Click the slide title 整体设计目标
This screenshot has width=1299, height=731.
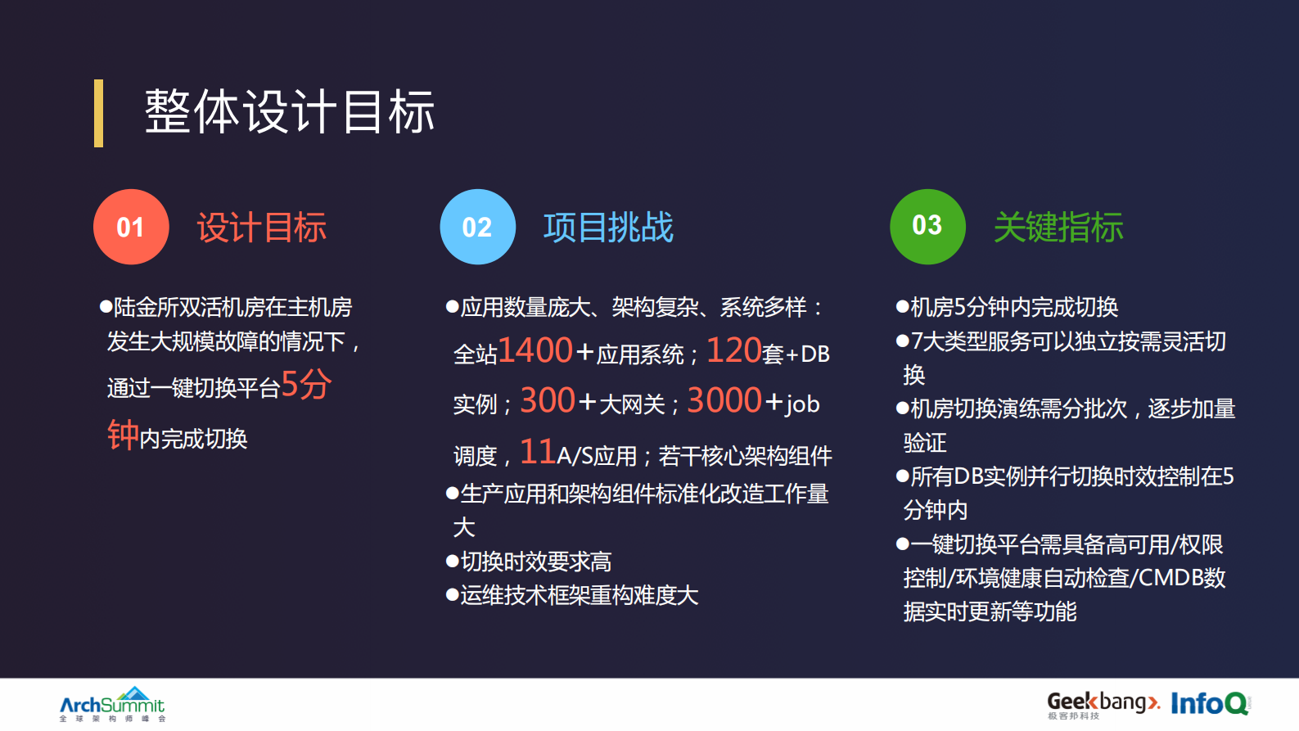[x=289, y=112]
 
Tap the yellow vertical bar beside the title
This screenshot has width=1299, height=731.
[x=98, y=113]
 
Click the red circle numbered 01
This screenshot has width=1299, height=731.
[x=131, y=227]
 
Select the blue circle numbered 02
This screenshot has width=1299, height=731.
[x=477, y=227]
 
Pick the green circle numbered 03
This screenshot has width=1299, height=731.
[x=927, y=226]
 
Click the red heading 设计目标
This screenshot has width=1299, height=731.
[x=262, y=228]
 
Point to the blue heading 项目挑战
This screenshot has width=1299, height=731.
[x=608, y=228]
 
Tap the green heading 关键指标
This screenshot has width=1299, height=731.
[x=1058, y=228]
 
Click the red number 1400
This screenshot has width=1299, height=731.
[x=535, y=350]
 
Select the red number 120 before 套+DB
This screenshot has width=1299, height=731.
[x=733, y=350]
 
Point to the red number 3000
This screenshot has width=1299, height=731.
[x=724, y=400]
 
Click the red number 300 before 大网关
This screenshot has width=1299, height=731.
[x=548, y=400]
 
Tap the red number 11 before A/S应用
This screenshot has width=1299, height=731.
[x=538, y=452]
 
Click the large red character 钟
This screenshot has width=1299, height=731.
[x=123, y=435]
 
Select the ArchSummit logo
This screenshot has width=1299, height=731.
[x=112, y=704]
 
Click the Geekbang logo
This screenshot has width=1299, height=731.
[x=1103, y=703]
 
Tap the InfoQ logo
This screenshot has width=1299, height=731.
[x=1209, y=703]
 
